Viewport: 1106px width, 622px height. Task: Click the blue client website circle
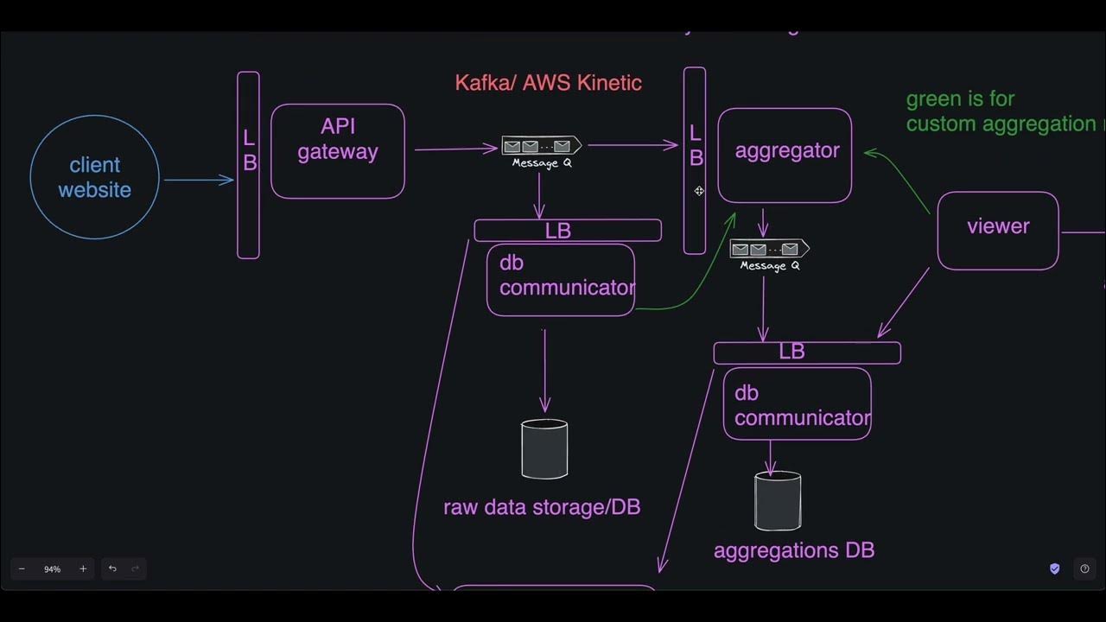tap(95, 177)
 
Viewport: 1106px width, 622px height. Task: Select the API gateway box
tap(338, 151)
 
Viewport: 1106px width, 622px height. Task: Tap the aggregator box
tap(785, 155)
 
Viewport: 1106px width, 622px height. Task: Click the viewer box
tap(998, 231)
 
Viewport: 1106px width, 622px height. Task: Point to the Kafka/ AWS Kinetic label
tap(548, 83)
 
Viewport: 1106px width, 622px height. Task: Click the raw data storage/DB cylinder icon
tap(544, 449)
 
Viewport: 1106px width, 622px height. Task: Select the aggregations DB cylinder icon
tap(778, 501)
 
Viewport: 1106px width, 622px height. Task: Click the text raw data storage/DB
tap(542, 507)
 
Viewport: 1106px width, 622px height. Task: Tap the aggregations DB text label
tap(794, 550)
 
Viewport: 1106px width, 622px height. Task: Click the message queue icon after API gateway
tap(541, 146)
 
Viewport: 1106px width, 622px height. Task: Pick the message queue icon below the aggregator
tap(769, 250)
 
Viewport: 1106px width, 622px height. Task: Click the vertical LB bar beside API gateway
tap(248, 164)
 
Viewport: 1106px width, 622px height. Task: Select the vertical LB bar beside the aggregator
tap(695, 160)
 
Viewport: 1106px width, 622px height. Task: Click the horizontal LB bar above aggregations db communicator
tap(807, 352)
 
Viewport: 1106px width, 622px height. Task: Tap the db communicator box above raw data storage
tap(561, 280)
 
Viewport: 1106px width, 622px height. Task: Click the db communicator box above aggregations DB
tap(797, 403)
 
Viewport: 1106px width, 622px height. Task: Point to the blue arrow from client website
tap(199, 180)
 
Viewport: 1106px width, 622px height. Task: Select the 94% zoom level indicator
tap(53, 569)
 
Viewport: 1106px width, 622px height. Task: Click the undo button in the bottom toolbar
tap(112, 568)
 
